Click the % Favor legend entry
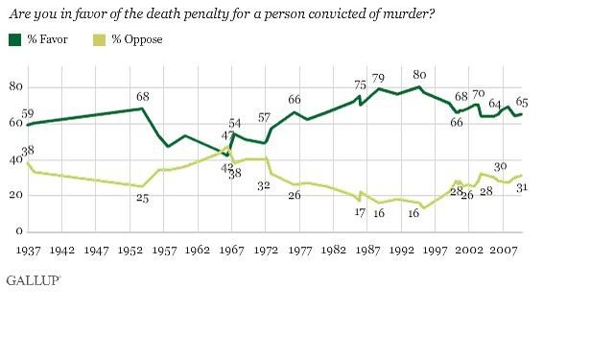tap(43, 38)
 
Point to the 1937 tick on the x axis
tap(28, 250)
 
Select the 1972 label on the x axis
tap(266, 250)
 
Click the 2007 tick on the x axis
tap(504, 250)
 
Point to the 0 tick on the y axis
tap(18, 232)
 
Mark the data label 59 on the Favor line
tap(29, 113)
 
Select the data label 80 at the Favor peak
tap(419, 75)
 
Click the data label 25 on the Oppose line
tap(141, 199)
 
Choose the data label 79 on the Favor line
tap(378, 77)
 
